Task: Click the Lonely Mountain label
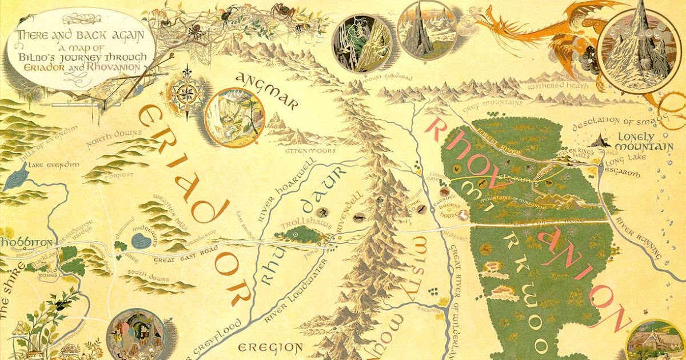pos(644,142)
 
